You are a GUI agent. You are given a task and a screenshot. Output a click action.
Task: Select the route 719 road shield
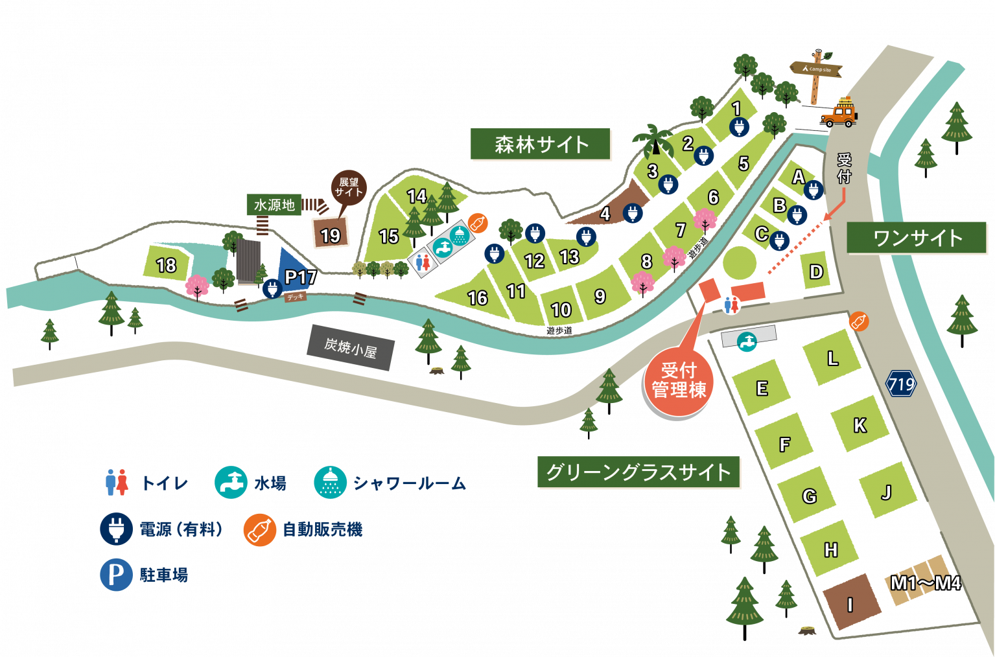(901, 385)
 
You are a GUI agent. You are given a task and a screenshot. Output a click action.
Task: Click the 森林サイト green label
(541, 144)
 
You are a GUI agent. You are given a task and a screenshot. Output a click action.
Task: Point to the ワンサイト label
(917, 238)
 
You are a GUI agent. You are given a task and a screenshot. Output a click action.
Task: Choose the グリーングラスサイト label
(638, 472)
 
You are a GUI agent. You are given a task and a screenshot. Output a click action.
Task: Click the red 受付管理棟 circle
(678, 381)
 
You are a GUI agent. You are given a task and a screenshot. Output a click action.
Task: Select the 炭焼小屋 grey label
(351, 348)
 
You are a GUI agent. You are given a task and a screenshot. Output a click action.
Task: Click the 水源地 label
(274, 205)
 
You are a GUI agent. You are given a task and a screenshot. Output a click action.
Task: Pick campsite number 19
(331, 235)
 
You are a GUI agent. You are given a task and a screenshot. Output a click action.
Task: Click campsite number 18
(167, 264)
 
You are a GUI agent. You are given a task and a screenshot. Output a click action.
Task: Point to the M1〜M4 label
(925, 583)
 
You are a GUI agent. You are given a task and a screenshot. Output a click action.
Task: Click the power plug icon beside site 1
(738, 128)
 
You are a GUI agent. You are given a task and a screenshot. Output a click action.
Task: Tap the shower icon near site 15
(460, 235)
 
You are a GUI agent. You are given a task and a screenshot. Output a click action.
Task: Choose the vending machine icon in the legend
(259, 530)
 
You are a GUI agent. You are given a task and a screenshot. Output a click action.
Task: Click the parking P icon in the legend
(116, 575)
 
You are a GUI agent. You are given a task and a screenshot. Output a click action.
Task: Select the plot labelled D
(816, 271)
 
